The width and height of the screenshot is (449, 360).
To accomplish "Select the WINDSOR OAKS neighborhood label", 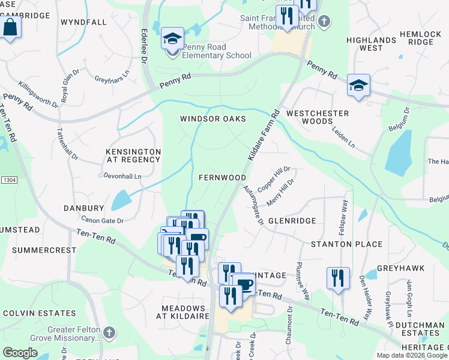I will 213,119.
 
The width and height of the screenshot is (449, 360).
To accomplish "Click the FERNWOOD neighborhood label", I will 222,178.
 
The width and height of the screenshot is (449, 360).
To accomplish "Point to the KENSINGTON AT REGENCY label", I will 133,156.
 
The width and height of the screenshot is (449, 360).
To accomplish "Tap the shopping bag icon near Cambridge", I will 11,28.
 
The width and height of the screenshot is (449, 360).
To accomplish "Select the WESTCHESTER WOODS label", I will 318,117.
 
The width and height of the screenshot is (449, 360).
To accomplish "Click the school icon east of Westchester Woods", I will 358,86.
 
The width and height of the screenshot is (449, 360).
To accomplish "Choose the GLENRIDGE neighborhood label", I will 292,221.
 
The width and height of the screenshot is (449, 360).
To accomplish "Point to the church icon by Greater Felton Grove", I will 109,332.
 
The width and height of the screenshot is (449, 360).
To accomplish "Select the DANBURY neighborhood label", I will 84,208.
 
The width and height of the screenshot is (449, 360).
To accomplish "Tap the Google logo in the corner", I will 20,353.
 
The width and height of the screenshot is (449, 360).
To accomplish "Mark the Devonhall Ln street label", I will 120,176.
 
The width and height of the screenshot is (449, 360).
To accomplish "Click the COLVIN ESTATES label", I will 40,313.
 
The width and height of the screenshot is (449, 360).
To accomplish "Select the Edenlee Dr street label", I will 144,46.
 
